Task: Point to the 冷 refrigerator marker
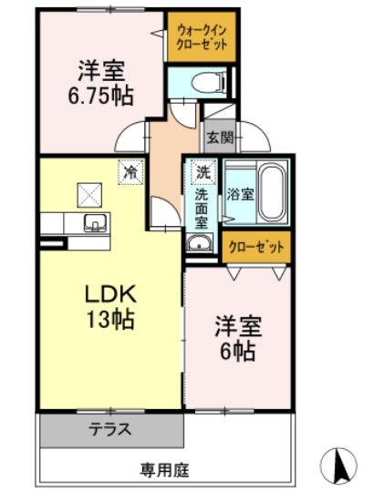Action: click(131, 169)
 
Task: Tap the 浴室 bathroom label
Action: click(239, 192)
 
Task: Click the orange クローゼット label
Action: click(256, 246)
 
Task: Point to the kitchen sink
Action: click(94, 224)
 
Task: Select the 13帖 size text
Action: click(111, 321)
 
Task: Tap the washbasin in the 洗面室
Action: click(200, 242)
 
